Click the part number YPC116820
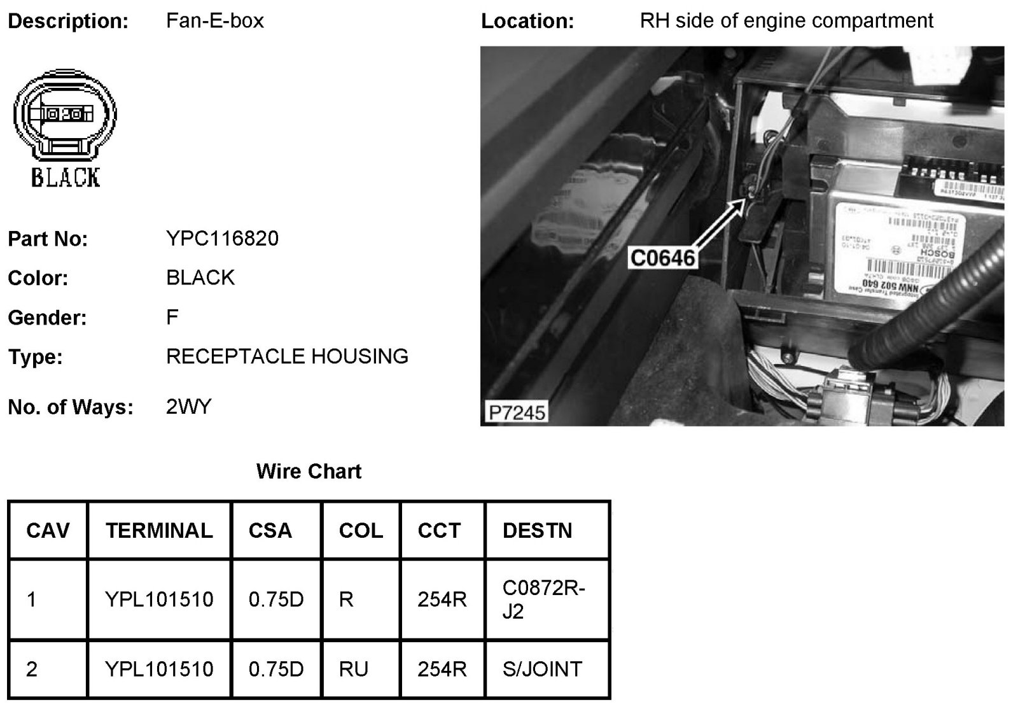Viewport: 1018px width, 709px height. click(222, 239)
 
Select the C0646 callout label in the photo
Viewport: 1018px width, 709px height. click(662, 258)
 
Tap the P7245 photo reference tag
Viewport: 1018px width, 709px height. click(517, 412)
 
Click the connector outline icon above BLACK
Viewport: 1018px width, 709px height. click(65, 117)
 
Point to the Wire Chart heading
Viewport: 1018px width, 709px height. click(309, 472)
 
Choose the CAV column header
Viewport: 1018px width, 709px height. click(48, 531)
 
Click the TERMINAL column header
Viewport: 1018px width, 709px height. click(159, 531)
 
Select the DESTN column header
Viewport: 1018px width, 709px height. click(537, 531)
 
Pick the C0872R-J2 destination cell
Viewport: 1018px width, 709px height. click(543, 600)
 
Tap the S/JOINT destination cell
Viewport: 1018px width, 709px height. click(542, 670)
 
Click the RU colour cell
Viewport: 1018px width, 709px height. click(354, 670)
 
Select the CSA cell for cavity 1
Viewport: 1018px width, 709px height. click(276, 600)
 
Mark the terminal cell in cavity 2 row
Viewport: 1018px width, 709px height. click(159, 670)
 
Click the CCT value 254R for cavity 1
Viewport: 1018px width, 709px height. click(442, 600)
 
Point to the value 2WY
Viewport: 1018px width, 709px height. click(188, 407)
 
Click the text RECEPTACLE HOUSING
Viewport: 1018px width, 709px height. click(287, 356)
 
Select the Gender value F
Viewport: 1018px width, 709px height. click(172, 317)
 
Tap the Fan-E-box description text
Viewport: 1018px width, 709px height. click(214, 21)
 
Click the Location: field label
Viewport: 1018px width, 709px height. click(527, 21)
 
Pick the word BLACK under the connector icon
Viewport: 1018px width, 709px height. click(66, 177)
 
